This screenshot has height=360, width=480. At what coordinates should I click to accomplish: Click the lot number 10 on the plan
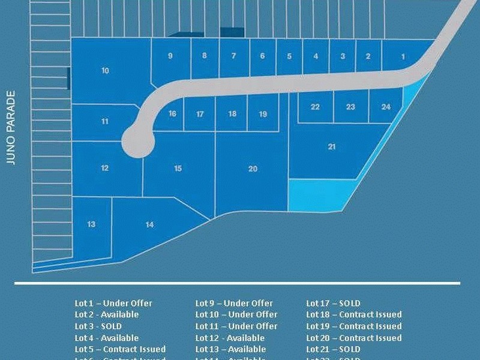[105, 71]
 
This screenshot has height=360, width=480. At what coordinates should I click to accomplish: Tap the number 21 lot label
[332, 146]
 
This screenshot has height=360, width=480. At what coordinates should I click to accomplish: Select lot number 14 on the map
[149, 224]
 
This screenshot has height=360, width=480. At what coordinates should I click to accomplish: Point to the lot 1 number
[403, 57]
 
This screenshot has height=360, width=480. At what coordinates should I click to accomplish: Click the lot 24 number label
[386, 107]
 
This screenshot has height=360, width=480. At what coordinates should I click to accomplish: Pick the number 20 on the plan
[253, 169]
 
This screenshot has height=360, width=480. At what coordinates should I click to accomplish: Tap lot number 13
[91, 224]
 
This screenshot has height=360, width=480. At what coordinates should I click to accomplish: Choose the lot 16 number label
[172, 113]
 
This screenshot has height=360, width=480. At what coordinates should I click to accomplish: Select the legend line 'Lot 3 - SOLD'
[98, 326]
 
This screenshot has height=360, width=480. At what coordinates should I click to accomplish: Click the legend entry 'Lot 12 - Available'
[230, 338]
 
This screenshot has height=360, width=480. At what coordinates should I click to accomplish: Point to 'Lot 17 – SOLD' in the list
[333, 304]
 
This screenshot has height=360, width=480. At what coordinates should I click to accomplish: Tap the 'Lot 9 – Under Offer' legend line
[234, 304]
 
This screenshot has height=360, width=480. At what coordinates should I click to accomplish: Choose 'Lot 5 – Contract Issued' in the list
[120, 349]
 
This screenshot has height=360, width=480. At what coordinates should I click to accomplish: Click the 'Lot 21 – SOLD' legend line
[333, 349]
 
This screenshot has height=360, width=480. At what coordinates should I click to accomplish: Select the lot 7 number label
[233, 56]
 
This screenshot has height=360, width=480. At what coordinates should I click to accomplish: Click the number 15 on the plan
[178, 169]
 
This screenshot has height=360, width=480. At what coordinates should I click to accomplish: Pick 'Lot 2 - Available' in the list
[106, 314]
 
